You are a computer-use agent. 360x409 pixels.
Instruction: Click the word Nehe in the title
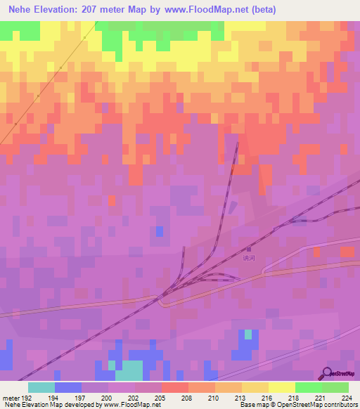tap(22, 10)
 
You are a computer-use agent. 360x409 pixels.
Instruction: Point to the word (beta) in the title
tap(262, 10)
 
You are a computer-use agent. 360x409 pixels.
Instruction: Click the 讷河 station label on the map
tap(247, 257)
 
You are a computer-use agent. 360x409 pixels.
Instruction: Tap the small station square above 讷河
tap(247, 248)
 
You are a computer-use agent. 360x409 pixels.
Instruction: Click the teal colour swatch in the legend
tap(41, 387)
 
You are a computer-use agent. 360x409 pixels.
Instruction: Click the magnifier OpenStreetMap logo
tap(328, 373)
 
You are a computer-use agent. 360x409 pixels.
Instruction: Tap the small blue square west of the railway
tap(160, 232)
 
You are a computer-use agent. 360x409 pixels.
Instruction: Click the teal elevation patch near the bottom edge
tap(129, 368)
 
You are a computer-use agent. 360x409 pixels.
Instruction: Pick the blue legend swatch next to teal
tap(67, 387)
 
